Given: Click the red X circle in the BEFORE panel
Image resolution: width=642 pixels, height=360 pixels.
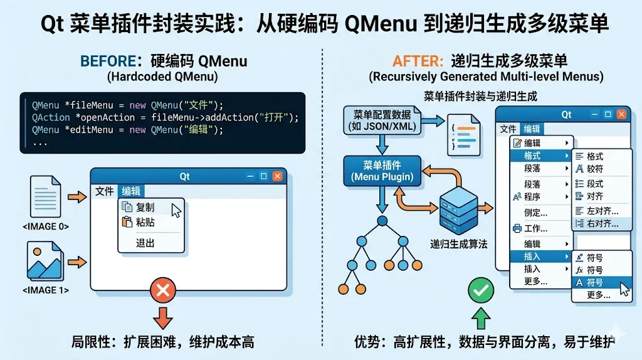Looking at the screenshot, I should click(x=163, y=290).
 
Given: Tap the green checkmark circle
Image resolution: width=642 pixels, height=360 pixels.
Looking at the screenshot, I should click(x=481, y=290).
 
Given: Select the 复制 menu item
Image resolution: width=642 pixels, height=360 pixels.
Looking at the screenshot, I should click(x=145, y=207).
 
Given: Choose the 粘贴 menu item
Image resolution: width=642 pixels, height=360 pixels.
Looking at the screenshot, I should click(x=145, y=222).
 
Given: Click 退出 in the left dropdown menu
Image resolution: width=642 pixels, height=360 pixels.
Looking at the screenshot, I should click(x=145, y=243).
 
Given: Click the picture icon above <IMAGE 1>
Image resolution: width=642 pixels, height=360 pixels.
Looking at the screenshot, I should click(x=46, y=262).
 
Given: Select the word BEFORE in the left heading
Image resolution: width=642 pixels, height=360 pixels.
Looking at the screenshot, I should click(x=107, y=61).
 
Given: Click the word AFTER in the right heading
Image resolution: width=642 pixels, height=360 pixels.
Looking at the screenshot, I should click(x=417, y=61).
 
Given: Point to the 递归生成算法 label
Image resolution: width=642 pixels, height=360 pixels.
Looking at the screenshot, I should click(x=458, y=243).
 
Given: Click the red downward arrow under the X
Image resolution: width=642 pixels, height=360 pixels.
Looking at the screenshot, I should click(x=163, y=317).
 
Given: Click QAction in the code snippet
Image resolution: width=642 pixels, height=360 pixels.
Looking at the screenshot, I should click(x=51, y=117).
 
